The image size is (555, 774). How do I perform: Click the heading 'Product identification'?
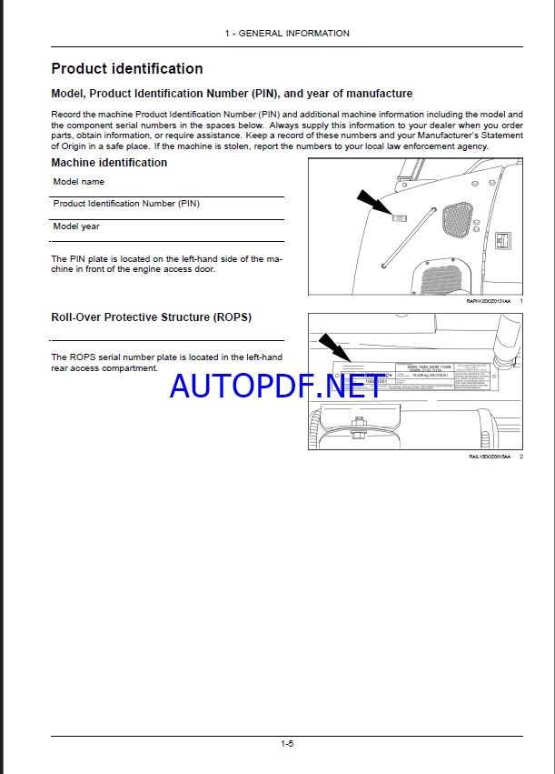coord(127,68)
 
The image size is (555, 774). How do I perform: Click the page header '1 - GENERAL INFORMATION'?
coord(287,34)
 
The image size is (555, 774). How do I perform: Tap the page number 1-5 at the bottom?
coord(287,743)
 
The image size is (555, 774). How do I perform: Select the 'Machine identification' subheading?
coord(109,163)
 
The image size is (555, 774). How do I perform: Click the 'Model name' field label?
coord(79,182)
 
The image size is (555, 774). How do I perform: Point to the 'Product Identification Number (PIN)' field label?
coord(126,204)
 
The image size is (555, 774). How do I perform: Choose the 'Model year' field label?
coord(76,226)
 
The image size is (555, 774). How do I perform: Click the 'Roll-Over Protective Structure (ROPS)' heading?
coord(152,317)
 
